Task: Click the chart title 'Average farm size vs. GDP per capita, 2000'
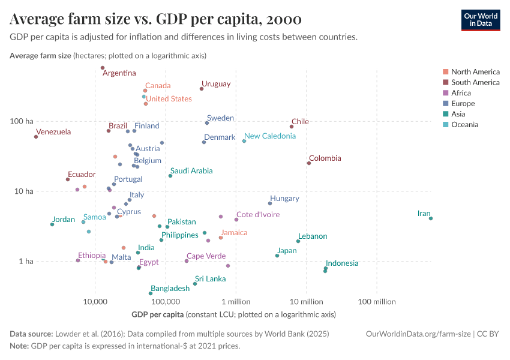pyautogui.click(x=155, y=19)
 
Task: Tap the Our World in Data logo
pyautogui.click(x=481, y=20)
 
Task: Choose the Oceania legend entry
pyautogui.click(x=464, y=125)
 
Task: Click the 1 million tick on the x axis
pyautogui.click(x=236, y=300)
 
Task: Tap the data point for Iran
pyautogui.click(x=431, y=218)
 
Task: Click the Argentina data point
pyautogui.click(x=103, y=68)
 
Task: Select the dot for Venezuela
pyautogui.click(x=36, y=137)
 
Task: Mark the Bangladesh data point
pyautogui.click(x=151, y=293)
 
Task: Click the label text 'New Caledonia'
pyautogui.click(x=270, y=136)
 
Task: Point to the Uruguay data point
pyautogui.click(x=202, y=89)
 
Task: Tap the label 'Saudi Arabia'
pyautogui.click(x=191, y=171)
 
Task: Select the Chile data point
pyautogui.click(x=292, y=127)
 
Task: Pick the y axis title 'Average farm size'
pyautogui.click(x=40, y=56)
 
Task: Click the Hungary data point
pyautogui.click(x=270, y=203)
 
